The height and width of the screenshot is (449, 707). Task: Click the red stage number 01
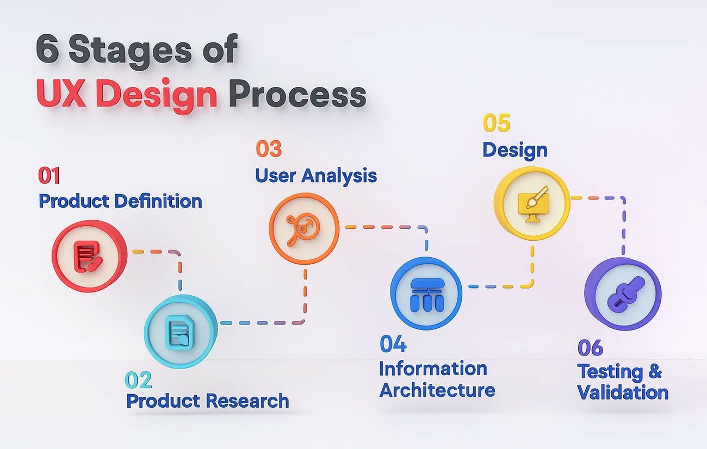click(x=49, y=176)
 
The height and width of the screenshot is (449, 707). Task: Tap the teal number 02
click(x=138, y=380)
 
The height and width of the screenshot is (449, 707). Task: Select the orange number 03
click(x=269, y=149)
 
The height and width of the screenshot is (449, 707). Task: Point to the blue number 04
click(x=393, y=344)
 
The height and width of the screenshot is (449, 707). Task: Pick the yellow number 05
click(x=497, y=123)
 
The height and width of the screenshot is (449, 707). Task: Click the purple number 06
click(x=590, y=348)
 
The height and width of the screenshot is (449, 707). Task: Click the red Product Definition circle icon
click(x=89, y=256)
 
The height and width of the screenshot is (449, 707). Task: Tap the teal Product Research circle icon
click(x=181, y=331)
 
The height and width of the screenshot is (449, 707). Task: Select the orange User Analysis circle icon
click(x=304, y=229)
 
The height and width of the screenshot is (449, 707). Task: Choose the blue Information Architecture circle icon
click(x=426, y=293)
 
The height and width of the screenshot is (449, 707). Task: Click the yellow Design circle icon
click(x=532, y=203)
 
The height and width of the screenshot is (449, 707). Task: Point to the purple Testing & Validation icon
click(x=623, y=294)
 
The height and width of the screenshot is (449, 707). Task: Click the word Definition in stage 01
click(x=158, y=201)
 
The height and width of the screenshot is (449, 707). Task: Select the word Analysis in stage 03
click(x=339, y=176)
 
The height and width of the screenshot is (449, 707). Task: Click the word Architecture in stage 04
click(x=437, y=390)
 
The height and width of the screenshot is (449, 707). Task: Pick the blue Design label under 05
click(x=515, y=151)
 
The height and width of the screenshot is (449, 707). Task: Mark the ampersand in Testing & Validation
click(x=655, y=371)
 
